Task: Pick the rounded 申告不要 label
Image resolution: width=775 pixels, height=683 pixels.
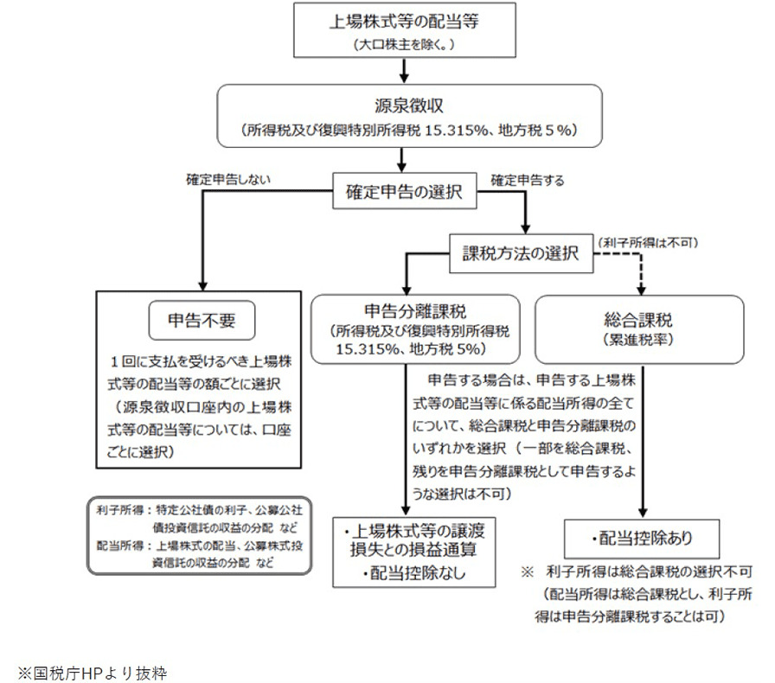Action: [x=201, y=322]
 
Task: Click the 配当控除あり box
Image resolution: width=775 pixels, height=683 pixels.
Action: [x=640, y=539]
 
